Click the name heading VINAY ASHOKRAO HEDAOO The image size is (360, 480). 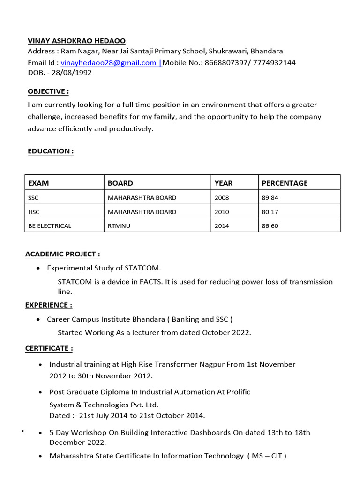(77, 41)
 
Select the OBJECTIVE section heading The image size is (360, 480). (48, 91)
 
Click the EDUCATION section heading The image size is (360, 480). (51, 151)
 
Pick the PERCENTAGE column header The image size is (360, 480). (285, 183)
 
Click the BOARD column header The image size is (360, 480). (120, 183)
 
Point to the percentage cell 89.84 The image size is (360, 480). (270, 197)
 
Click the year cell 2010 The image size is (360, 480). (222, 212)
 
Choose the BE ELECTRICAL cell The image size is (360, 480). (50, 226)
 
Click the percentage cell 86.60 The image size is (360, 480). (270, 226)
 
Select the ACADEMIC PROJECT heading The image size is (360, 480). (62, 254)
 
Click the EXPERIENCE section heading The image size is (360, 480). (49, 305)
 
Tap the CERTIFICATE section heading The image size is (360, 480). (49, 348)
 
